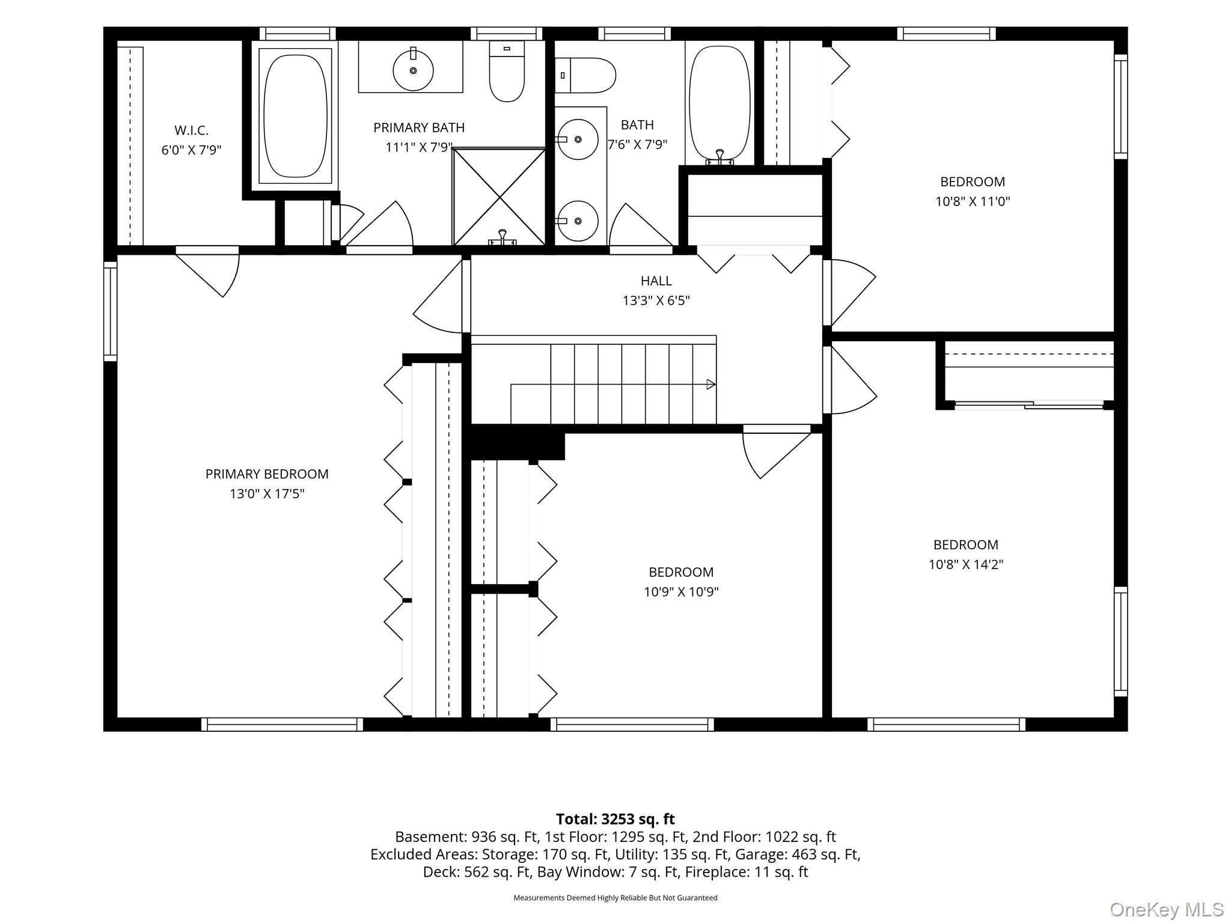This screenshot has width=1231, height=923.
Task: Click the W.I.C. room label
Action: pos(191,130)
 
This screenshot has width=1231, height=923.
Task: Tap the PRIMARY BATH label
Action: pos(419,127)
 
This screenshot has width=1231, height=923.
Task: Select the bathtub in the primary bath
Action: pos(295,115)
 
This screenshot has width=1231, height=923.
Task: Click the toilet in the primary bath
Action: pos(507,71)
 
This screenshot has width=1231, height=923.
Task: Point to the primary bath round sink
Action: pos(413,70)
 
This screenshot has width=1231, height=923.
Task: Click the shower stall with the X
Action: pos(499,196)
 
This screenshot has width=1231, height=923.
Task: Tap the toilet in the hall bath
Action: pos(585,76)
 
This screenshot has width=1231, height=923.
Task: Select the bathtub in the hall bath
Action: pos(719,105)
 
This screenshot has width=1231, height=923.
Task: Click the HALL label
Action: pos(656,281)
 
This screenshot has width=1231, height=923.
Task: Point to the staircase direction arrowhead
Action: pos(711,384)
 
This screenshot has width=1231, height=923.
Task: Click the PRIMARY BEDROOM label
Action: pos(267,474)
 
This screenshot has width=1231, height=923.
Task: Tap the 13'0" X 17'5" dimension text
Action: pos(267,494)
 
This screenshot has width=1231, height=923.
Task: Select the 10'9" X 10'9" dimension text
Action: pos(681,592)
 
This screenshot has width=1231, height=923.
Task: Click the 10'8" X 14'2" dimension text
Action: pos(966,564)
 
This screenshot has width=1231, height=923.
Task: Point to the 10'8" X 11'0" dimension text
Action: pos(973,201)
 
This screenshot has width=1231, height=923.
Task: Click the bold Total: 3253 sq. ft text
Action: pos(615,819)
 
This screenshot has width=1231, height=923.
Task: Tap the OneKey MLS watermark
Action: pos(1167,909)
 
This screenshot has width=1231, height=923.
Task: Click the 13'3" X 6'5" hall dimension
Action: pos(656,300)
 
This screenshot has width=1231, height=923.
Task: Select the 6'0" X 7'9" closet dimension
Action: pos(191,150)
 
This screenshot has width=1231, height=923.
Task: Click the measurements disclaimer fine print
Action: pos(615,898)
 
